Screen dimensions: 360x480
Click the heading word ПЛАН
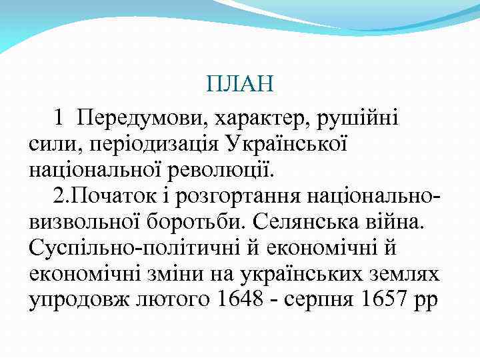tap(239, 85)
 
